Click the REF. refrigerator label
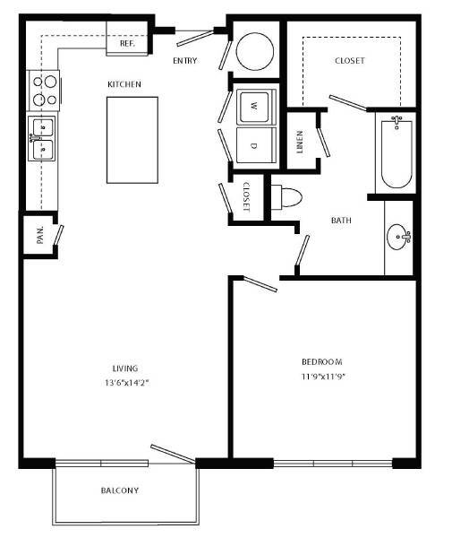(x=126, y=42)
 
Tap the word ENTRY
(x=185, y=61)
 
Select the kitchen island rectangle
(x=132, y=140)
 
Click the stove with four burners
(x=44, y=90)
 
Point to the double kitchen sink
(x=42, y=137)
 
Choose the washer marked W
(x=254, y=107)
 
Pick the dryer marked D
(x=254, y=144)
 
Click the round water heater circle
(x=256, y=51)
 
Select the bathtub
(x=395, y=152)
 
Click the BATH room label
(x=341, y=220)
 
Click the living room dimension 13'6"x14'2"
(x=125, y=382)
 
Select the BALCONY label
(x=119, y=490)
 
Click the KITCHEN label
(x=124, y=84)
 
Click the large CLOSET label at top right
(x=350, y=61)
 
